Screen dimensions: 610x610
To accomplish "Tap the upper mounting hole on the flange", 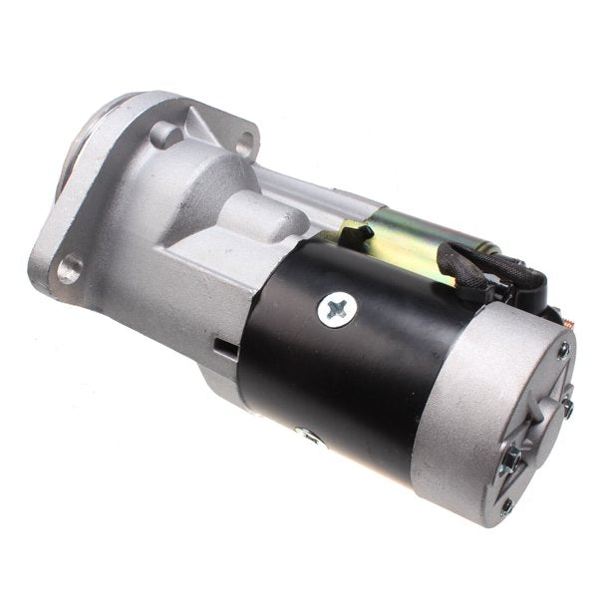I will click(243, 144).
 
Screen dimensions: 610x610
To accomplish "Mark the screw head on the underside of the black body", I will click(307, 435).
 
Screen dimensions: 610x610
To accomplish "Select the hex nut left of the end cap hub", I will click(512, 457).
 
